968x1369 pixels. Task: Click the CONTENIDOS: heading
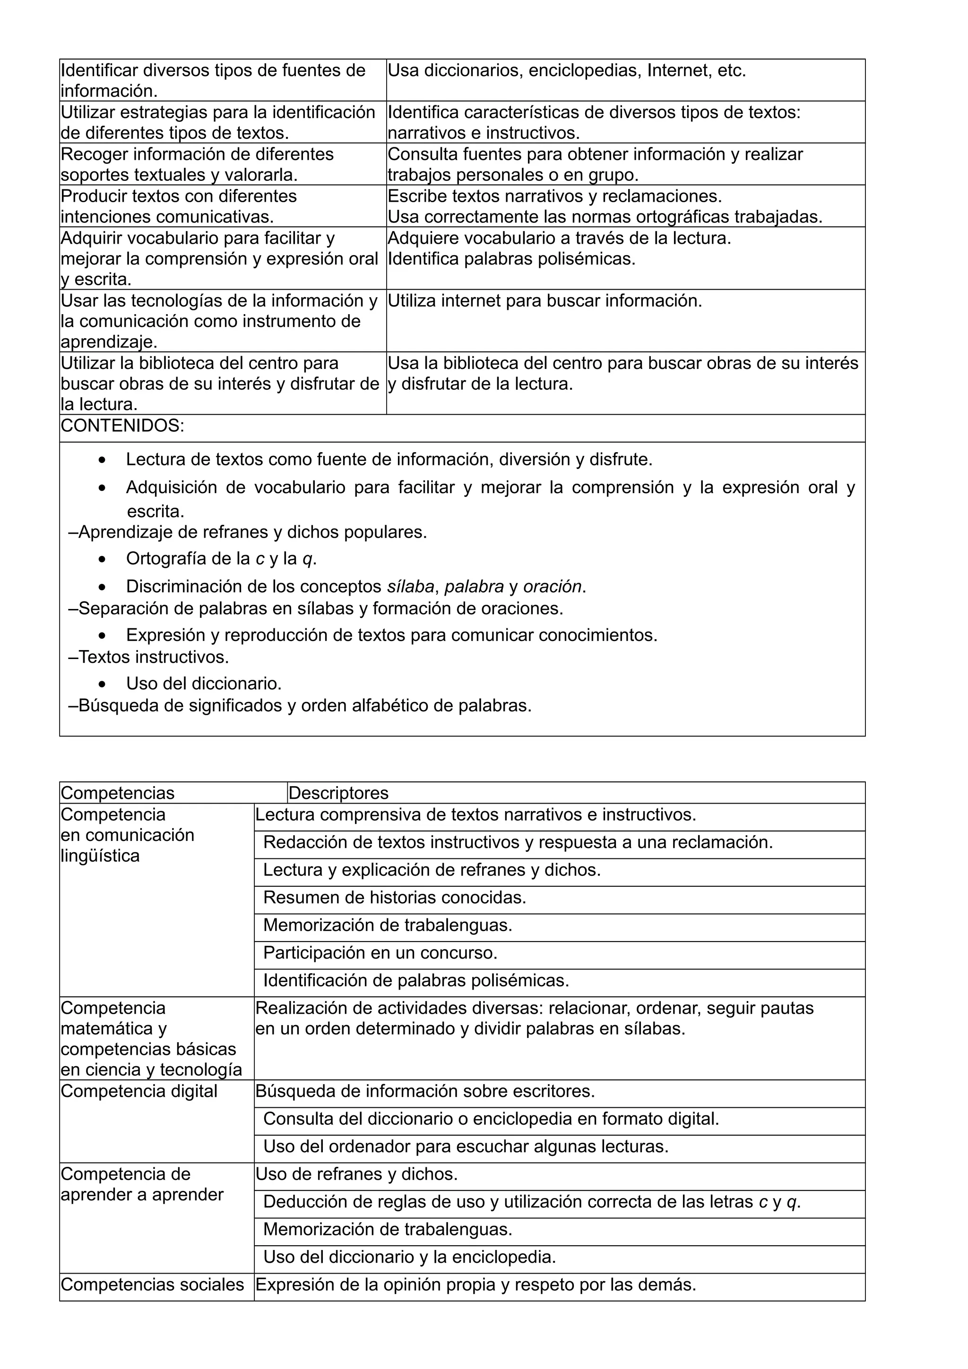click(x=122, y=426)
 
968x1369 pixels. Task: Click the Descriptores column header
click(x=338, y=793)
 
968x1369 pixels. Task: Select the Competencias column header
click(x=118, y=793)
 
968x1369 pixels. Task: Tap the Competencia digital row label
click(x=139, y=1091)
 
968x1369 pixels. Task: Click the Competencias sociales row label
click(x=153, y=1284)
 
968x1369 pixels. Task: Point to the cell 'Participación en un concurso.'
click(x=380, y=953)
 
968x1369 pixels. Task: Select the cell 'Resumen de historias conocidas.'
click(x=394, y=898)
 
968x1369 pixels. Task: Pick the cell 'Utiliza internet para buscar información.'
click(x=544, y=300)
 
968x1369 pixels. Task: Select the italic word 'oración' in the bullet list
click(x=552, y=587)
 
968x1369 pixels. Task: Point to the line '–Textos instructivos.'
click(x=148, y=657)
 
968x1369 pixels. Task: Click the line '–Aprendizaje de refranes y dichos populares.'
click(x=248, y=532)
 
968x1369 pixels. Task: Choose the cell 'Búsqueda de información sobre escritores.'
click(x=425, y=1091)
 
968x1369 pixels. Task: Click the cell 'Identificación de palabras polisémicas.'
click(x=416, y=980)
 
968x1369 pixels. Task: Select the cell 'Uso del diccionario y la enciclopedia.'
click(x=409, y=1257)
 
